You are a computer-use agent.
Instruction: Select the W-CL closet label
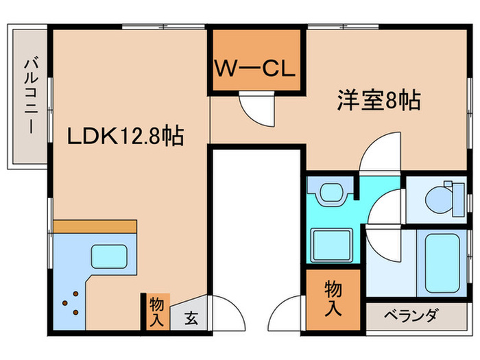[x=254, y=69]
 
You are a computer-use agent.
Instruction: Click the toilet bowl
[x=439, y=200]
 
